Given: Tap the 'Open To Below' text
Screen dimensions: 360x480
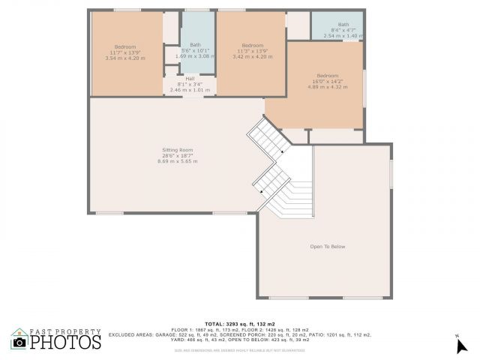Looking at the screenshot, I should click(327, 246).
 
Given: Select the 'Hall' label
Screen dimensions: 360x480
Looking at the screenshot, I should click(190, 79).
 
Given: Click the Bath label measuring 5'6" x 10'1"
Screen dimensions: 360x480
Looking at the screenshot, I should click(195, 44).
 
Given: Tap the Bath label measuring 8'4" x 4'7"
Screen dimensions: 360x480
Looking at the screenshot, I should click(343, 24).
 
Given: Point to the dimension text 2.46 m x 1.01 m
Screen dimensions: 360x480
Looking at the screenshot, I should click(190, 90).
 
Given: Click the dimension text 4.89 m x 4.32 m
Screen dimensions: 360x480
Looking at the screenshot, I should click(327, 87).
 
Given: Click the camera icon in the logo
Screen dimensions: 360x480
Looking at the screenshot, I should click(19, 342).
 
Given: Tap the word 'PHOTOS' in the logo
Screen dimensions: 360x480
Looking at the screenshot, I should click(65, 343).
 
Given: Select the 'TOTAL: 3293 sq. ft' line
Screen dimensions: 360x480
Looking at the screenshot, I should click(239, 324).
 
